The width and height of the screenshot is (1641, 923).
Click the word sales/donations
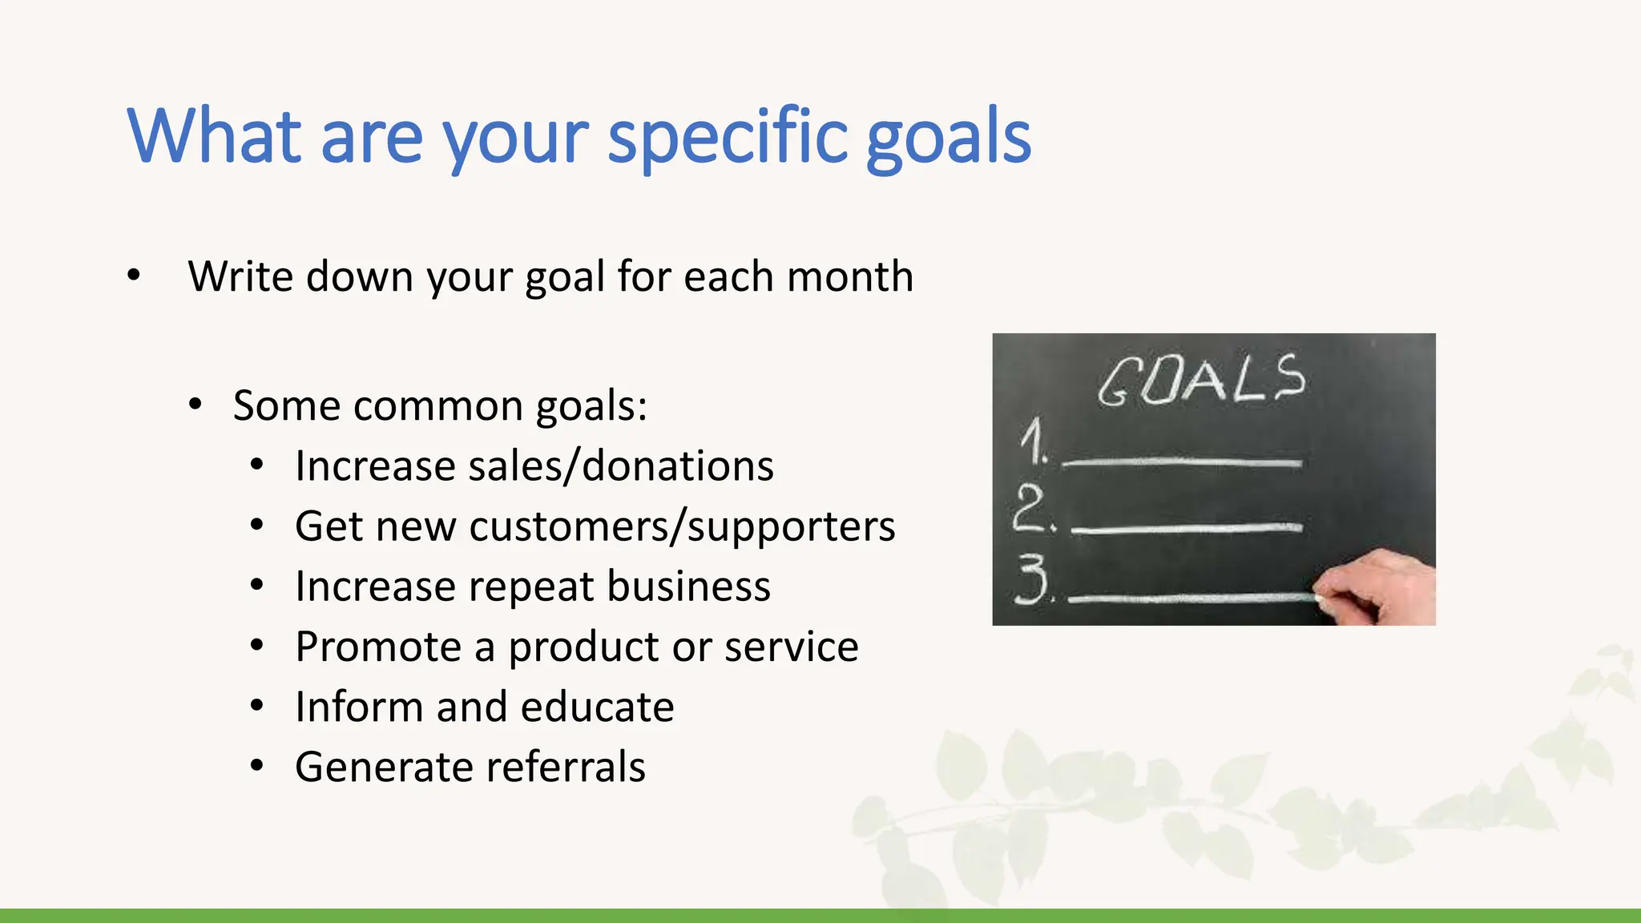click(x=621, y=466)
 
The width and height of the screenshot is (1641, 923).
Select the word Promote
click(x=377, y=647)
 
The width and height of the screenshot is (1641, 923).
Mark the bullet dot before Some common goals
click(x=196, y=405)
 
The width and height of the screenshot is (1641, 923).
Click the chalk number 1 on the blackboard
click(x=1034, y=441)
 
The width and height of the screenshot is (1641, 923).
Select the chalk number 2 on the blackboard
click(x=1030, y=509)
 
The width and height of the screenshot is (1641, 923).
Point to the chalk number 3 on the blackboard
click(x=1032, y=579)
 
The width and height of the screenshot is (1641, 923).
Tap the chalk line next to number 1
click(x=1182, y=463)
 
